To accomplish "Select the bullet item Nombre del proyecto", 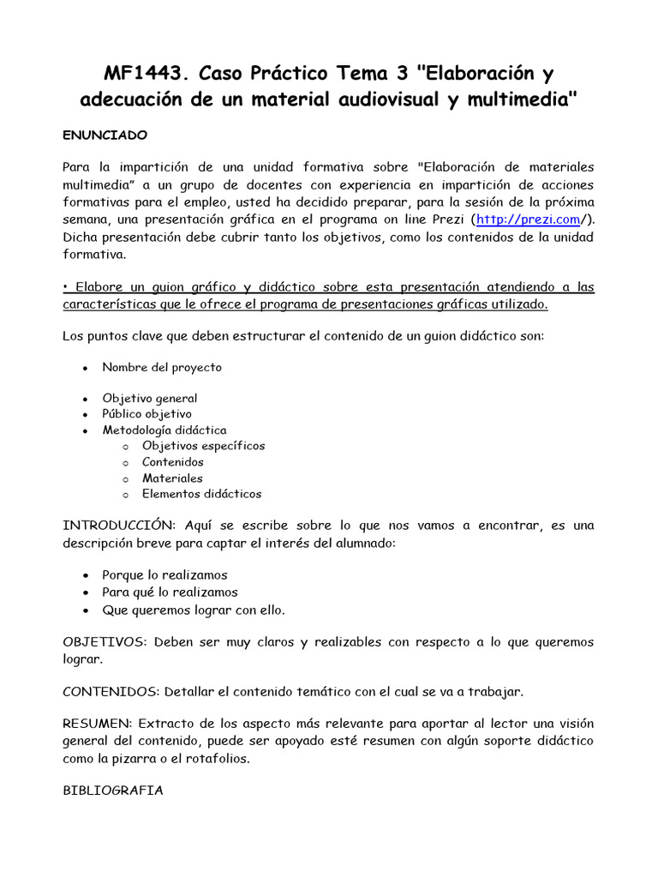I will (162, 367).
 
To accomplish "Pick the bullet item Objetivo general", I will (149, 398).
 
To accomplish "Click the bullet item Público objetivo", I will (147, 413).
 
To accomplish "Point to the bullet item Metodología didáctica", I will (164, 430).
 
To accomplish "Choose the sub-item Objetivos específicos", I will (203, 446).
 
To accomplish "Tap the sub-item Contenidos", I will (172, 462).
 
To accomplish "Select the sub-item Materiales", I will (172, 478).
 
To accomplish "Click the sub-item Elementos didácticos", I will (201, 494).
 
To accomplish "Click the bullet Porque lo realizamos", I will (164, 575).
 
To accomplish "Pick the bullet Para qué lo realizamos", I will (170, 592).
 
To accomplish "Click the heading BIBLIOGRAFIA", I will (112, 791).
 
